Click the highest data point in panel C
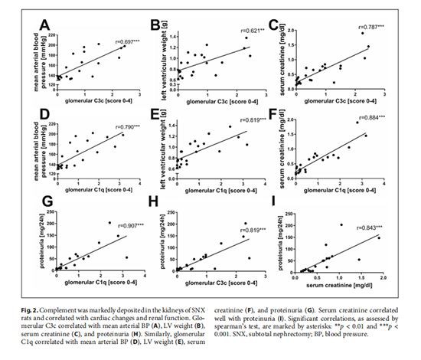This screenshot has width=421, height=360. pos(363,33)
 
